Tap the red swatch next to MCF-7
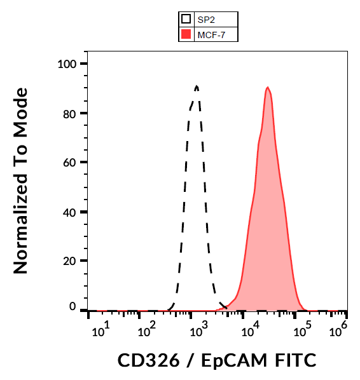[186, 34]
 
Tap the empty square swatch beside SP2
[186, 20]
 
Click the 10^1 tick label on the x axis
[100, 330]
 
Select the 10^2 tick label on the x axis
[148, 330]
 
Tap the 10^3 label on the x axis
[198, 330]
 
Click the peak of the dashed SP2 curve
[197, 86]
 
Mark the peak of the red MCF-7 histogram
[268, 88]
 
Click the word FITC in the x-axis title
[291, 360]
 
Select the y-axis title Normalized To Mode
[21, 181]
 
